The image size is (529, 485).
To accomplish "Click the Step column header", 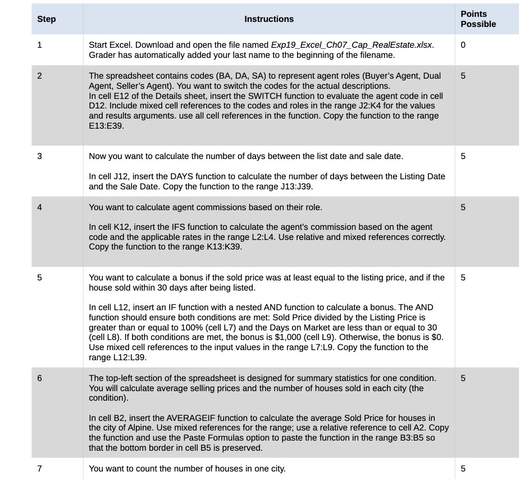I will click(x=47, y=19).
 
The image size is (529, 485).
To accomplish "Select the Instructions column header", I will click(x=269, y=19).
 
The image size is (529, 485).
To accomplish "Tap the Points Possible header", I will click(x=478, y=19).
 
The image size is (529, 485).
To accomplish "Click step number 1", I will click(x=39, y=45).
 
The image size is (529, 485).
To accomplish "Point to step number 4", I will click(x=39, y=207).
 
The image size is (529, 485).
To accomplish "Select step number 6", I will click(x=39, y=378).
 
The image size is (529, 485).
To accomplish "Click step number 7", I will click(x=39, y=469).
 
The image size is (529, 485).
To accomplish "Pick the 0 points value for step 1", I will click(x=463, y=45).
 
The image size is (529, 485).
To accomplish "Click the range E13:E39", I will click(x=106, y=126).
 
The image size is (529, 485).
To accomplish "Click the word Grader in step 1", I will click(x=103, y=55).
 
